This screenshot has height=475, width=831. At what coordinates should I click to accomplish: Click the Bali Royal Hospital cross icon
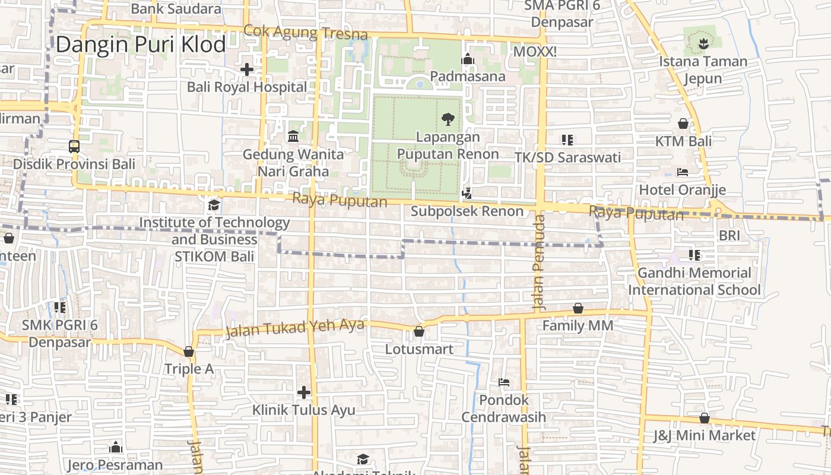coord(246,69)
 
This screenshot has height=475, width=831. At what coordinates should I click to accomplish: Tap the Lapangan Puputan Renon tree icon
coord(448,119)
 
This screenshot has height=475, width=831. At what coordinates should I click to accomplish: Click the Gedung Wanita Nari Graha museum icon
coord(293,137)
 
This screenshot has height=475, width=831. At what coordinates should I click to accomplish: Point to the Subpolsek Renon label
coord(467,211)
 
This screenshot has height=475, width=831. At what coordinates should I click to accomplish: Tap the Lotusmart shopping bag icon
coord(419,331)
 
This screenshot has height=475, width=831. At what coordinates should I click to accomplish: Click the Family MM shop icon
coord(578,308)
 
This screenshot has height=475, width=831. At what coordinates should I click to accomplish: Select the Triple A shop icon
coord(189,351)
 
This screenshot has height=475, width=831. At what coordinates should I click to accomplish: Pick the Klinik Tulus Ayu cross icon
coord(304,392)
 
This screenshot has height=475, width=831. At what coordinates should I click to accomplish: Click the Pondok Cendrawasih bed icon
coord(504,382)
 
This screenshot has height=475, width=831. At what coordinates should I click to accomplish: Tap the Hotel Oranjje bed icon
coord(683,172)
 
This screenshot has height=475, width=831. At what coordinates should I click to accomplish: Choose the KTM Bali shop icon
coord(683,123)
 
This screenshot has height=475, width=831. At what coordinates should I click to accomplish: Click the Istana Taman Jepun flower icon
coord(703,43)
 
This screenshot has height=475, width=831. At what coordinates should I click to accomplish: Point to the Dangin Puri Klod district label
coord(141,45)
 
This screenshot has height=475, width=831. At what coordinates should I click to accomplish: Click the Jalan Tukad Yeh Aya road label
coord(294,328)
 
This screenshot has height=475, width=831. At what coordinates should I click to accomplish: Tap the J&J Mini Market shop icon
coord(705,418)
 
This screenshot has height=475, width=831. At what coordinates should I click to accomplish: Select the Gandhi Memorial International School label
coord(694,281)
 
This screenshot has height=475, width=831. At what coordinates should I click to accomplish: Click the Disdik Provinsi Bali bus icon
coord(74,146)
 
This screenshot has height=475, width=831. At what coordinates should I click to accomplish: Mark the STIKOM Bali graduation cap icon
coord(214,205)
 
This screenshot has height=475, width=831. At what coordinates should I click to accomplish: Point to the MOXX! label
coord(535,52)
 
